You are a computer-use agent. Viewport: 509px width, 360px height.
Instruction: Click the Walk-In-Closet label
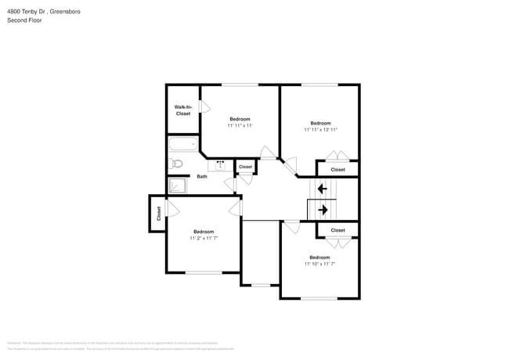(x=182, y=110)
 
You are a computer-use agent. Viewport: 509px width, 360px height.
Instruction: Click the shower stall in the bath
(x=178, y=185)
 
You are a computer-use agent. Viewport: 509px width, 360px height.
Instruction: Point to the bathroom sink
(x=220, y=164)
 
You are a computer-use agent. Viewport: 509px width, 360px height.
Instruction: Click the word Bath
(x=202, y=176)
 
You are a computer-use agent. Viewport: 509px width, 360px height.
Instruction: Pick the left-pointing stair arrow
(x=322, y=189)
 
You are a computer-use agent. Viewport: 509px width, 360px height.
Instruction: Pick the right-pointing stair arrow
(x=322, y=209)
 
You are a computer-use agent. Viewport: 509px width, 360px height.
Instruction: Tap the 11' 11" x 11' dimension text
(x=240, y=125)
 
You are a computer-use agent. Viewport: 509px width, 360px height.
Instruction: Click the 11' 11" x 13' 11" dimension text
(x=320, y=130)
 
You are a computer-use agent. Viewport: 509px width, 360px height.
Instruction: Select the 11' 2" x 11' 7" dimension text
(x=204, y=238)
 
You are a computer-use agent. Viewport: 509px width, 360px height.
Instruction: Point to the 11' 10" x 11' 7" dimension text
(x=319, y=264)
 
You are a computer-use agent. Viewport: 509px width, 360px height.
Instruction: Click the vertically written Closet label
(x=157, y=213)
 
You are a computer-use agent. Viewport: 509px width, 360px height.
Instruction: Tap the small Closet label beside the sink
(x=245, y=167)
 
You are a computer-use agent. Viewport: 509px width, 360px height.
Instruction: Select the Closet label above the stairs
(x=338, y=170)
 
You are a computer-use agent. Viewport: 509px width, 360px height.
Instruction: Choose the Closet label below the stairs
(x=338, y=230)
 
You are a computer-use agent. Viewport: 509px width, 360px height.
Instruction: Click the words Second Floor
(x=25, y=20)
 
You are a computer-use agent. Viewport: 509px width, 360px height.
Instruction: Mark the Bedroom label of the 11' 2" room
(x=204, y=231)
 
